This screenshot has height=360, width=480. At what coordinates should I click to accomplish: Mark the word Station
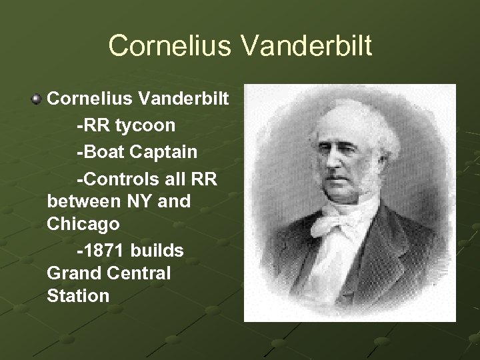coord(78,296)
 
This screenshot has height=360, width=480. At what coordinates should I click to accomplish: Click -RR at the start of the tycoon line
coord(92,125)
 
